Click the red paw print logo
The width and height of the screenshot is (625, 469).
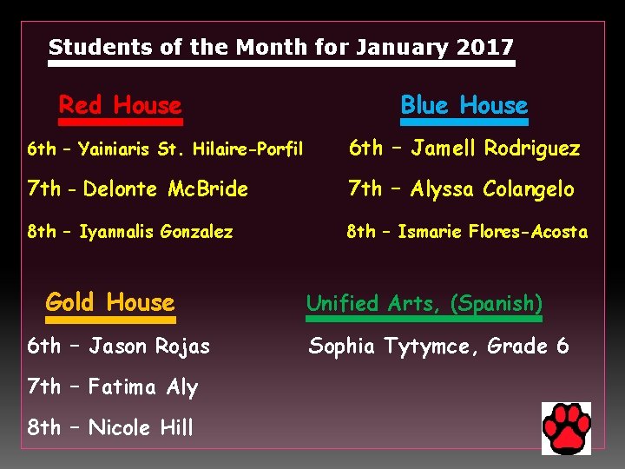tap(566, 428)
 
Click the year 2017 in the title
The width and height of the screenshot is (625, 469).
tap(487, 47)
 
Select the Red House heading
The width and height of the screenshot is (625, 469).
tap(120, 106)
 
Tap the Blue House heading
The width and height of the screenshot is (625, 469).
tap(464, 106)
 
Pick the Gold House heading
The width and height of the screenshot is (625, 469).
tap(110, 302)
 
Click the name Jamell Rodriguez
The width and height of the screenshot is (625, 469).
tap(496, 149)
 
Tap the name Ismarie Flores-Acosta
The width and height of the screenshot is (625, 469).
tap(492, 232)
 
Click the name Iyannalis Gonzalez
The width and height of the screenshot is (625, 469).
tap(156, 232)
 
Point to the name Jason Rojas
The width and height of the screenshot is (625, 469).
tap(150, 347)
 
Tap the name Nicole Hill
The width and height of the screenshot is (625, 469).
tap(141, 427)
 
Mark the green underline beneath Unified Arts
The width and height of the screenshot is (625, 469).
tap(424, 319)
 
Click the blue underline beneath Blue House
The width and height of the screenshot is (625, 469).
tap(464, 122)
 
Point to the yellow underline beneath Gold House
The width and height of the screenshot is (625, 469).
tap(109, 319)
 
